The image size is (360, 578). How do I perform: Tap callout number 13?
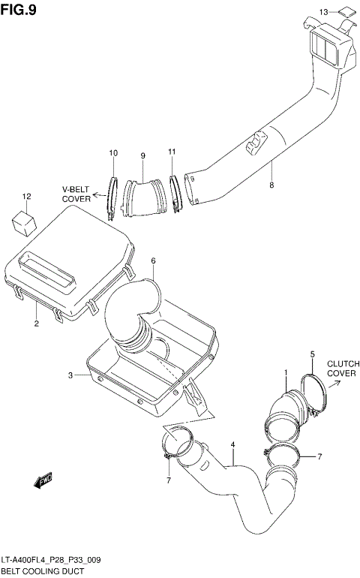(323, 13)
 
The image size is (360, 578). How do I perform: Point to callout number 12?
(26, 197)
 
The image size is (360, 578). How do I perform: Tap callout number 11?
(172, 153)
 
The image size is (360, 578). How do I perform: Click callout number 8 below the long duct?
(271, 185)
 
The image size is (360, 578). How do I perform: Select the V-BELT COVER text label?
(76, 194)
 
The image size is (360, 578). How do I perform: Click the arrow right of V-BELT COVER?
(100, 199)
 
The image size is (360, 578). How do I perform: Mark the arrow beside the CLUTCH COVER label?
(335, 382)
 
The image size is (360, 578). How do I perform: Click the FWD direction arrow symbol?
(43, 480)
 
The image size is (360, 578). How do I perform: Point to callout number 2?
(36, 324)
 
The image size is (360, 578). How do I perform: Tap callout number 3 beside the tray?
(70, 375)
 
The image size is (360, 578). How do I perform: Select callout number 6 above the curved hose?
(153, 261)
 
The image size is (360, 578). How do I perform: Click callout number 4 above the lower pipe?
(233, 445)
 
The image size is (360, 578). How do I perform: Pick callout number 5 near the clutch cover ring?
(312, 354)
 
